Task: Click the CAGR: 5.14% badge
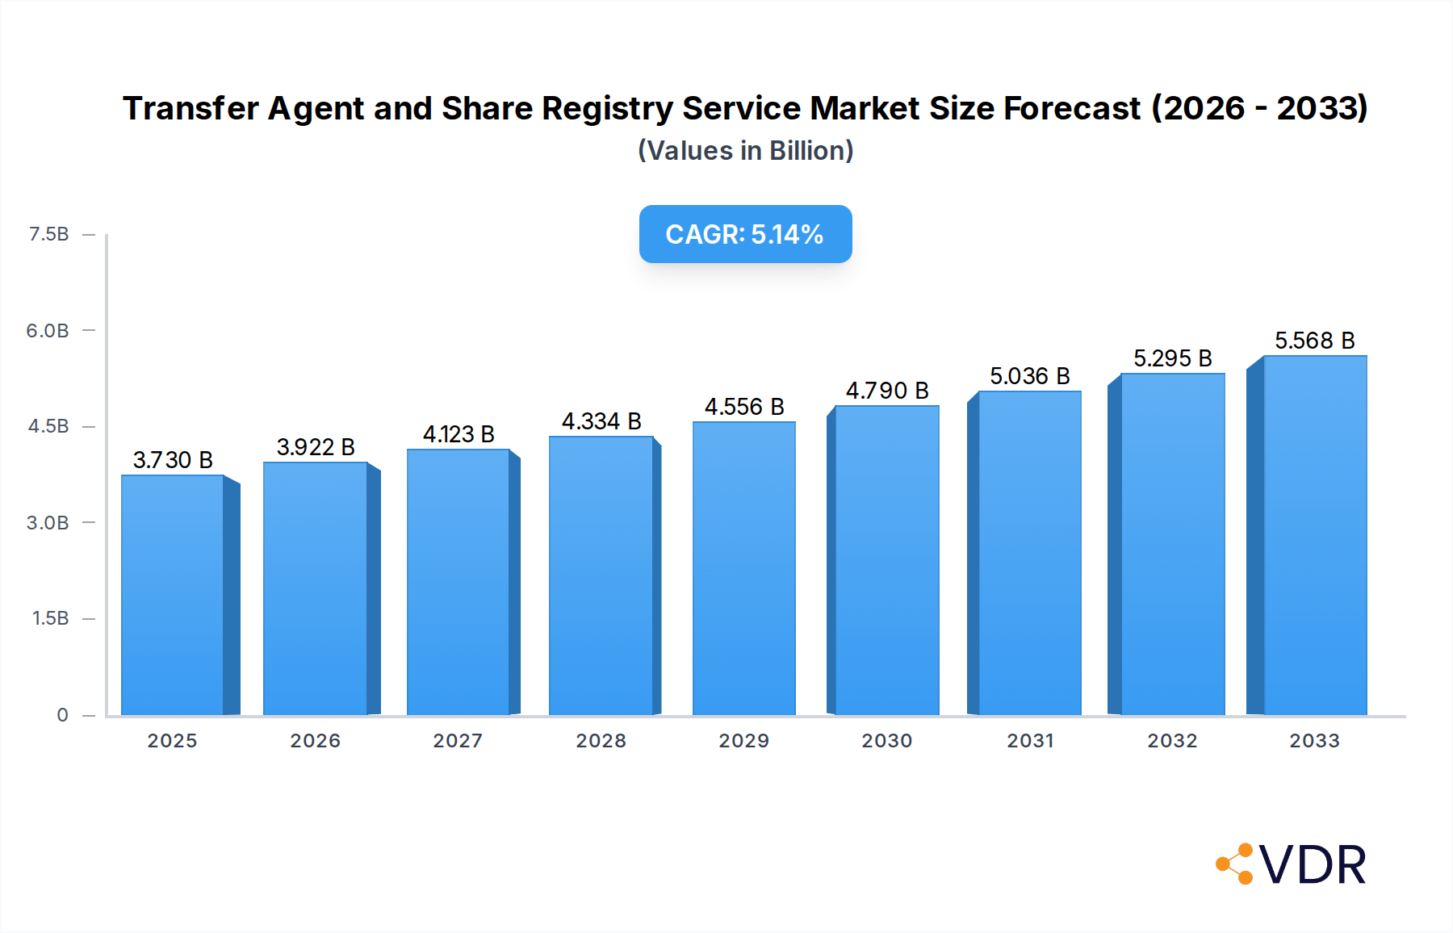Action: [745, 234]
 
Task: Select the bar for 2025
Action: [173, 595]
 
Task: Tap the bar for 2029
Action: [743, 568]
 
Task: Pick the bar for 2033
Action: [1314, 535]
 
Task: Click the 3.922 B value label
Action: [316, 447]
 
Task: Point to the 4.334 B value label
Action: [601, 421]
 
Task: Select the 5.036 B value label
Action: [1029, 376]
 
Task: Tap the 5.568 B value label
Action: [1314, 341]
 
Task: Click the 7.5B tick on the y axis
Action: [48, 234]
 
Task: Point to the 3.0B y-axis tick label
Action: [48, 522]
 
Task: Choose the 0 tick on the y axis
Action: [62, 714]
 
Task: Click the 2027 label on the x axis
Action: [458, 740]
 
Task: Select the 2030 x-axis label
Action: [886, 740]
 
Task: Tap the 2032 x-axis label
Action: [1172, 740]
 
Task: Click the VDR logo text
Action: [1313, 865]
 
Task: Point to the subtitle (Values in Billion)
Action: [745, 151]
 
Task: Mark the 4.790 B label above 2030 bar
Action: [886, 391]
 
